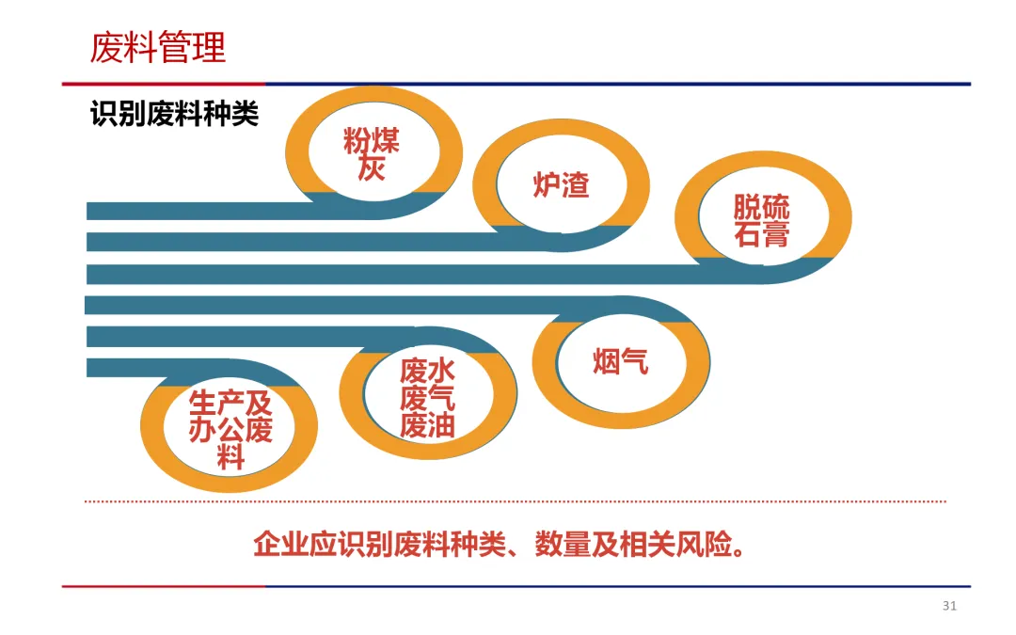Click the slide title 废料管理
pyautogui.click(x=158, y=47)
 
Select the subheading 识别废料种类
pyautogui.click(x=174, y=115)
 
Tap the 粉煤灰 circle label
pyautogui.click(x=372, y=155)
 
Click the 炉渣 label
pyautogui.click(x=561, y=184)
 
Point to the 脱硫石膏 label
pyautogui.click(x=762, y=221)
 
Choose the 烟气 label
pyautogui.click(x=621, y=361)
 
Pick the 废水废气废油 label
pyautogui.click(x=428, y=399)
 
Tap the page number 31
pyautogui.click(x=949, y=606)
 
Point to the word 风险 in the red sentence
pyautogui.click(x=704, y=545)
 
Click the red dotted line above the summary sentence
pyautogui.click(x=516, y=501)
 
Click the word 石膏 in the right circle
pyautogui.click(x=762, y=234)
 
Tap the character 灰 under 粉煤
pyautogui.click(x=372, y=170)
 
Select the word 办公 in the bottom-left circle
pyautogui.click(x=216, y=431)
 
